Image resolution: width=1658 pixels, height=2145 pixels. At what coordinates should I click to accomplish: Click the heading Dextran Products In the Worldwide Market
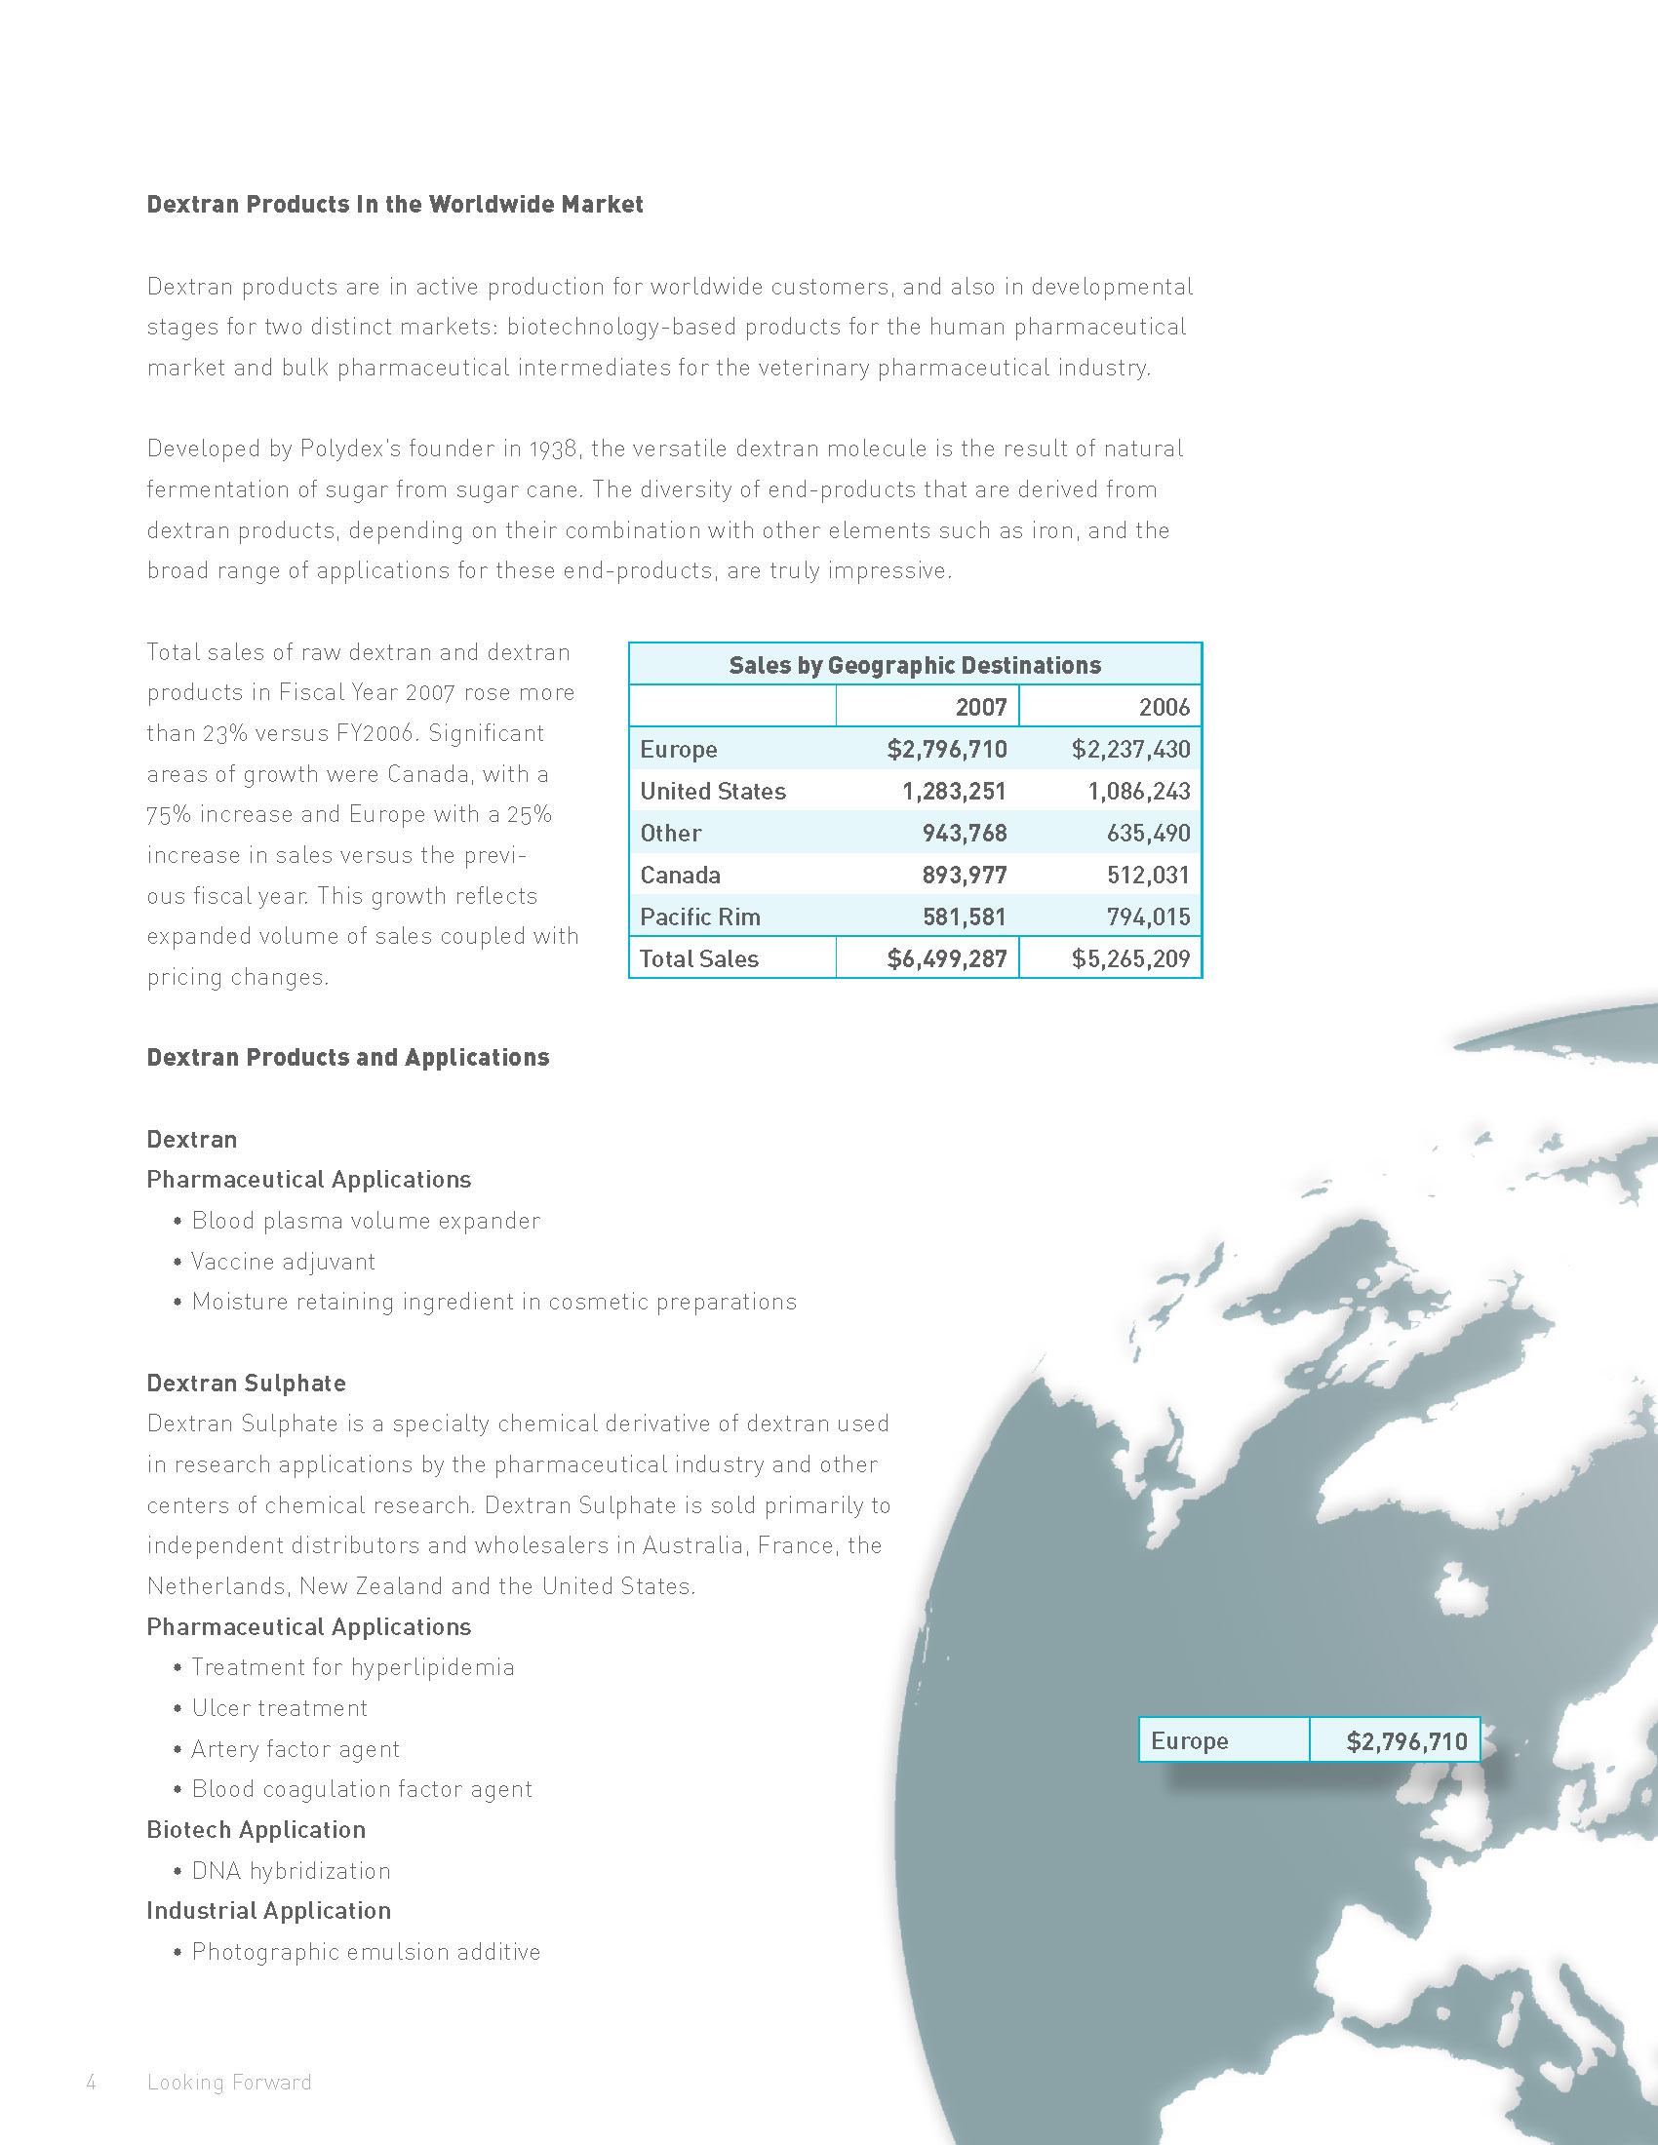(395, 205)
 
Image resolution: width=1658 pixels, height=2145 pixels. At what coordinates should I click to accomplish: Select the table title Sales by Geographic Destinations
(915, 665)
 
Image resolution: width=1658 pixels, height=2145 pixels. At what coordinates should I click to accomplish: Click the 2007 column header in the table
(980, 707)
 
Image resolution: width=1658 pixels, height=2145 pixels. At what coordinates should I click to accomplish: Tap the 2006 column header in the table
(1164, 707)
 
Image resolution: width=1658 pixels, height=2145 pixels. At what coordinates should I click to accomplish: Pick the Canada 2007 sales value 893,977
(964, 876)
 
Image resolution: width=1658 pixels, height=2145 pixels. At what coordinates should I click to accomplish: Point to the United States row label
(713, 792)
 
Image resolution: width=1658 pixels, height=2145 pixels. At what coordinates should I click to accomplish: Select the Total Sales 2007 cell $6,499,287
(947, 958)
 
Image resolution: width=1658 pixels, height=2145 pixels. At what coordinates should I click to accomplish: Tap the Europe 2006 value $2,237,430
(1130, 750)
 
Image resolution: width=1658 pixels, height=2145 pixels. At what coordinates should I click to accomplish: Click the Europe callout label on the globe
(1190, 1741)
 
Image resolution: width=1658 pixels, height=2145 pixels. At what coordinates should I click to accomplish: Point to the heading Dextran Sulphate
(247, 1383)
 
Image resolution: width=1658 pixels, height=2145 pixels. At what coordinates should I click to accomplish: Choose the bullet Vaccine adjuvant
(283, 1261)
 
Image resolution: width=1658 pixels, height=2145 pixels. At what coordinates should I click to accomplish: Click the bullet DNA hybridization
(291, 1871)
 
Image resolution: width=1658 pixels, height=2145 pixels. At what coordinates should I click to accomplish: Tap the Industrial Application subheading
(269, 1910)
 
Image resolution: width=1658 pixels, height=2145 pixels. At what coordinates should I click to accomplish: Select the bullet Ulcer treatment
(279, 1708)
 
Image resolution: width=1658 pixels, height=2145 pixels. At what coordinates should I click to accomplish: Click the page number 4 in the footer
(92, 2083)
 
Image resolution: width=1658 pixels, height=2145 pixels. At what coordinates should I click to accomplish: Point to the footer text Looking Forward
(229, 2083)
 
